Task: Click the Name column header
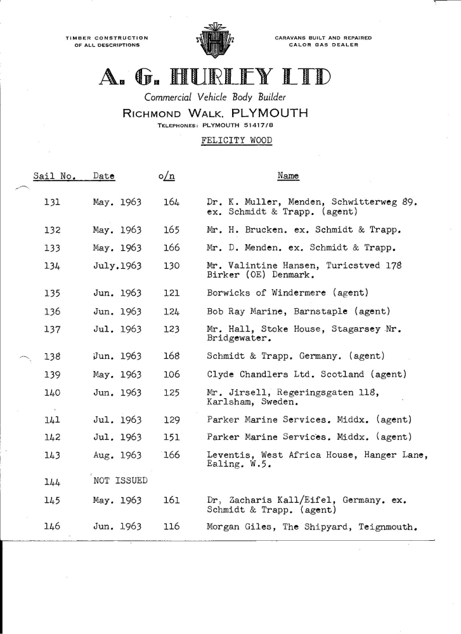coord(288,176)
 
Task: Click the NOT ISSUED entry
coord(120,481)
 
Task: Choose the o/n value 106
coord(172,375)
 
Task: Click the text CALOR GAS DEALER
coord(323,44)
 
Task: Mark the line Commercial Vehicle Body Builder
coord(216,98)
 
